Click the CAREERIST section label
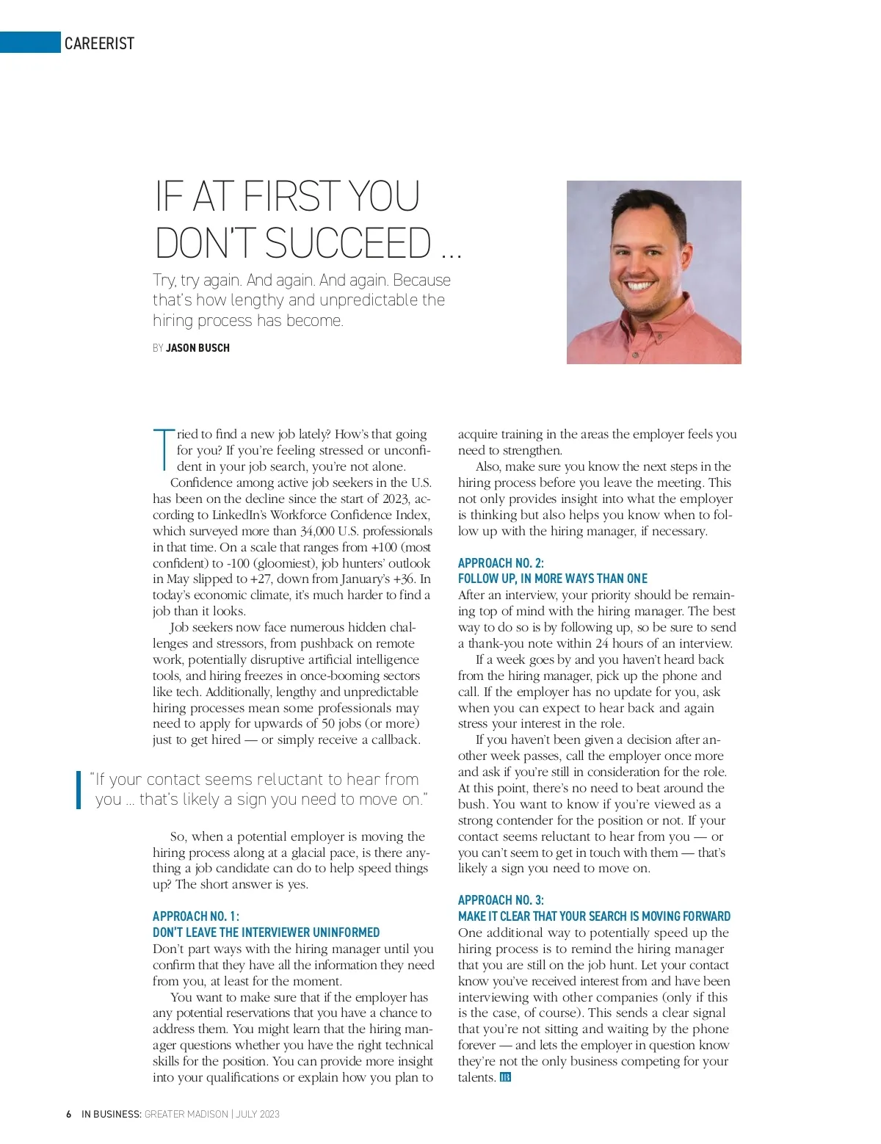[99, 43]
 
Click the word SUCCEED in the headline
[348, 243]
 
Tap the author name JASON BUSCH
[197, 348]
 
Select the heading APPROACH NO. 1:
[196, 916]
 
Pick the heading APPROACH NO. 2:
[501, 563]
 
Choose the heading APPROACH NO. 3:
[501, 900]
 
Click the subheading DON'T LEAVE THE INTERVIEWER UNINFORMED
[266, 933]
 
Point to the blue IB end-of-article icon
[505, 1077]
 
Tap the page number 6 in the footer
[69, 1114]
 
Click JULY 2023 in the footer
[258, 1114]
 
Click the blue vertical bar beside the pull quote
[79, 789]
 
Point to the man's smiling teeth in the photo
[639, 286]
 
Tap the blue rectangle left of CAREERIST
[30, 43]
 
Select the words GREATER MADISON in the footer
[186, 1114]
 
